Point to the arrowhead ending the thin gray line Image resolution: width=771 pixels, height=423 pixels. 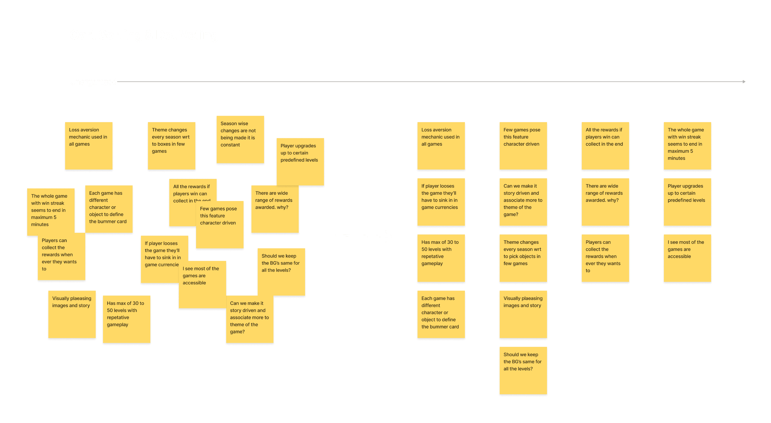pyautogui.click(x=744, y=82)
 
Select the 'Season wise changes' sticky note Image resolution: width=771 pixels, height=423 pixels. pyautogui.click(x=240, y=139)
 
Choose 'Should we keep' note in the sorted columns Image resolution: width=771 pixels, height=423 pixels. pyautogui.click(x=523, y=370)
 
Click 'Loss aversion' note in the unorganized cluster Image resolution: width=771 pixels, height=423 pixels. pyautogui.click(x=89, y=146)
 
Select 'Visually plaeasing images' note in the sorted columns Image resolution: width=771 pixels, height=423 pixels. pyautogui.click(x=523, y=314)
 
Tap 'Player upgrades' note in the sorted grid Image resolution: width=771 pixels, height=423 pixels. pyautogui.click(x=687, y=202)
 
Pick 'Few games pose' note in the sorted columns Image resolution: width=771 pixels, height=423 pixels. pyautogui.click(x=523, y=146)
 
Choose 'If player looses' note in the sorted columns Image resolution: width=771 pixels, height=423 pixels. pyautogui.click(x=441, y=202)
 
